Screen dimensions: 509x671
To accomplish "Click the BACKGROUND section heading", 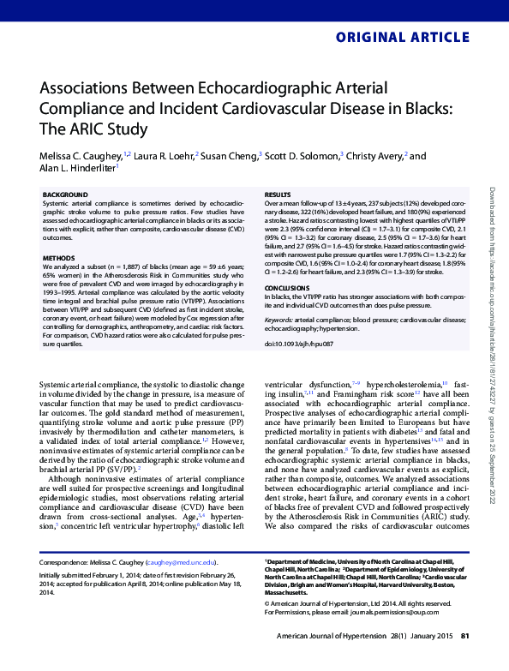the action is (65, 195).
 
